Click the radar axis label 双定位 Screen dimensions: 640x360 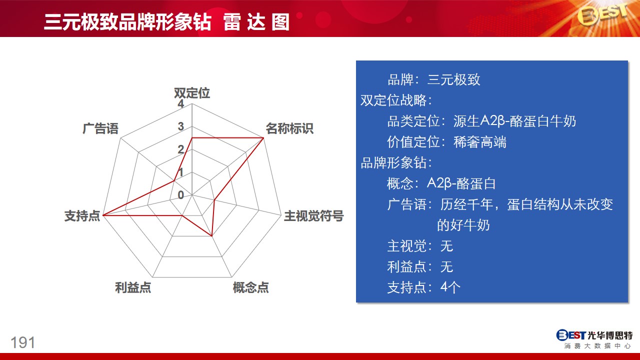192,93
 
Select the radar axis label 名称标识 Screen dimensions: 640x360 289,128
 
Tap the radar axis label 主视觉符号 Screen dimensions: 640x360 313,215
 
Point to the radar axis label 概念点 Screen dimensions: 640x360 250,287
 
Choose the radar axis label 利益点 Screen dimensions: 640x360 133,287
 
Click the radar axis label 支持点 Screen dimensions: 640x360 82,215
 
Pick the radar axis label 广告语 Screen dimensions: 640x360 100,128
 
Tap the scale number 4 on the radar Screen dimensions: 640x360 180,103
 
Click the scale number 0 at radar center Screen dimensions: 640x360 180,195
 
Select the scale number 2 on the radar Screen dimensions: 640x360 180,149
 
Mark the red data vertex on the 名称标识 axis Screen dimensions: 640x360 263,138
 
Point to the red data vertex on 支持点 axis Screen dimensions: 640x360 103,215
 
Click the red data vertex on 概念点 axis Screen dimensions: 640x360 211,236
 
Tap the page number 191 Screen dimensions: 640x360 23,342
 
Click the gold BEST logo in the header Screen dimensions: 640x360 602,15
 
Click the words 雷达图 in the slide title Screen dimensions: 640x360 256,22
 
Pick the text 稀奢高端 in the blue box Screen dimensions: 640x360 479,142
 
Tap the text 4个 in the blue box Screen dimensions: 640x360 450,287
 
